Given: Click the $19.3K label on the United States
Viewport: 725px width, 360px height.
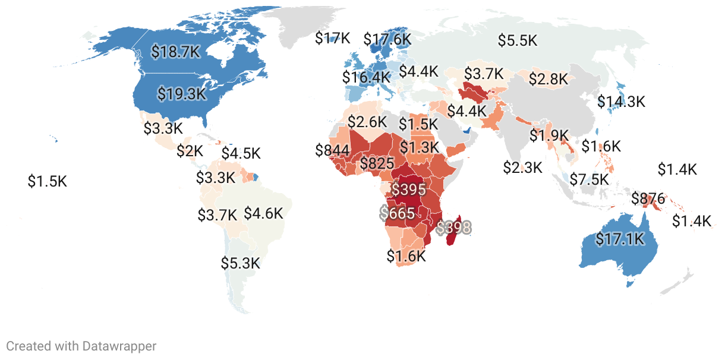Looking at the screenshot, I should point(181,93).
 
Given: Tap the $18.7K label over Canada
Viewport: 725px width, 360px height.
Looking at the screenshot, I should point(175,52).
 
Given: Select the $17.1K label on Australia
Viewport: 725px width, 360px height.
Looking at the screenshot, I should point(620,239).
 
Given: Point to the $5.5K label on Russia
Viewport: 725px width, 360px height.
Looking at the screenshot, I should point(518,40).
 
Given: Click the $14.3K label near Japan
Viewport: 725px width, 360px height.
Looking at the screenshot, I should point(621,102).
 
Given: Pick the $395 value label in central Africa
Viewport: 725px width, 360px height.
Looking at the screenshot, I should point(408,190).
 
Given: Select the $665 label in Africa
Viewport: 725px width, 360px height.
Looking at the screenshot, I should point(398,213).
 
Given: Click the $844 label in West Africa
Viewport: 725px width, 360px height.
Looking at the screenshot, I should point(332,150).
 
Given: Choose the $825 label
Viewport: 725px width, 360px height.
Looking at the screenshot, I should point(377,163).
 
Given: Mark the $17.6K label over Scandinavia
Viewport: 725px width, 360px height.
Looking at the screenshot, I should point(387,40).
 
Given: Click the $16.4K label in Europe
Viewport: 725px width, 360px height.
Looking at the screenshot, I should point(366,77).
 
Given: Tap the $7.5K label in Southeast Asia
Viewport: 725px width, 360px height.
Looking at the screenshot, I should point(590,179).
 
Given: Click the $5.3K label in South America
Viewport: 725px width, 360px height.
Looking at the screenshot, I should point(241,263).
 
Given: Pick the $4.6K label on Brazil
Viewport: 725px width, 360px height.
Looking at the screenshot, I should point(263,213).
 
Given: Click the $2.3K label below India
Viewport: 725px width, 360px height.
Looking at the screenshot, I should point(523,168).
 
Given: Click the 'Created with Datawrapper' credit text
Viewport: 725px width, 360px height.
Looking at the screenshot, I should point(81,346).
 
